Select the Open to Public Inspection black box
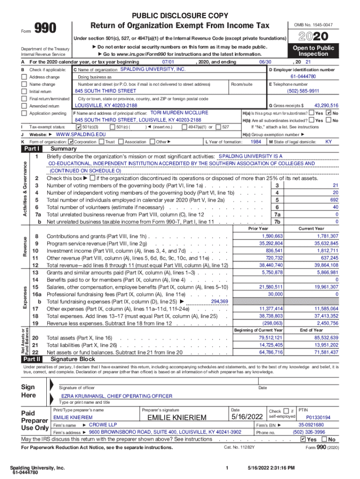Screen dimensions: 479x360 (314, 51)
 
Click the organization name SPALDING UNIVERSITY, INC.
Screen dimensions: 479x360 (153, 69)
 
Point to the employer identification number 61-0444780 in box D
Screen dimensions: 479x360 (303, 76)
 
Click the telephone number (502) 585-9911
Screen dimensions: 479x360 (303, 91)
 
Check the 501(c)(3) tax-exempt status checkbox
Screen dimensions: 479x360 (78, 127)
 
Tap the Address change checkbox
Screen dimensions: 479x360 (24, 77)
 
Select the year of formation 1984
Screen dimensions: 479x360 (256, 141)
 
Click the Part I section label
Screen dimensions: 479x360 (32, 149)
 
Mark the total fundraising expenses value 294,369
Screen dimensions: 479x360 (220, 302)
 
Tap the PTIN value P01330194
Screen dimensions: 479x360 (318, 417)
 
